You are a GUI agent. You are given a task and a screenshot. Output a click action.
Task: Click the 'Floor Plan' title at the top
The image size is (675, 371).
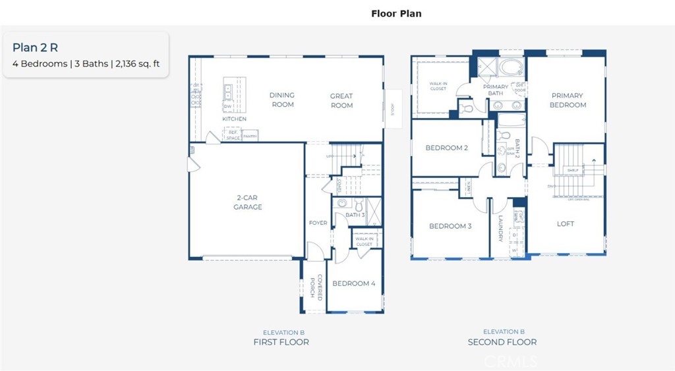click(x=396, y=13)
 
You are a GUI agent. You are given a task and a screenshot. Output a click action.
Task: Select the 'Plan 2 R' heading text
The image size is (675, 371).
click(x=31, y=47)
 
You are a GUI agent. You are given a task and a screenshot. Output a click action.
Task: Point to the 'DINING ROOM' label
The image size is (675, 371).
click(x=282, y=100)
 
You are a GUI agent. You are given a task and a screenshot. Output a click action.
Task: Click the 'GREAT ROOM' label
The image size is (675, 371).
click(x=341, y=100)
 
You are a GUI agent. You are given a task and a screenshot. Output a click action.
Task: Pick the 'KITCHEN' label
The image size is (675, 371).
click(x=234, y=119)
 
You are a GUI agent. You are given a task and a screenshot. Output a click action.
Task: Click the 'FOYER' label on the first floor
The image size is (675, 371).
click(x=318, y=223)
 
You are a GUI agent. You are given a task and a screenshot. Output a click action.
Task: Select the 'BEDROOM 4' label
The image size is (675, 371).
click(x=353, y=283)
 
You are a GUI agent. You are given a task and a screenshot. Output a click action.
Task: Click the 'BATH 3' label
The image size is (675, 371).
click(x=355, y=215)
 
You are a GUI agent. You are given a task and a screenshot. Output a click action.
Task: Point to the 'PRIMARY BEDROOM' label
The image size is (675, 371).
click(x=568, y=100)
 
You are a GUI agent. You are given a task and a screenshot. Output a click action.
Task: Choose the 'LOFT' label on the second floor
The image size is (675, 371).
click(x=565, y=223)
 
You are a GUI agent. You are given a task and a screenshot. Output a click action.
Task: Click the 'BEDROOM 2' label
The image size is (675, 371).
click(x=446, y=148)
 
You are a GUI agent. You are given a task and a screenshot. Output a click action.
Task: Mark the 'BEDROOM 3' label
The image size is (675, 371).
click(x=450, y=226)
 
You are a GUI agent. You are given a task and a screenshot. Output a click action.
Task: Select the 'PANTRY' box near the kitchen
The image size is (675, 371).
click(x=250, y=135)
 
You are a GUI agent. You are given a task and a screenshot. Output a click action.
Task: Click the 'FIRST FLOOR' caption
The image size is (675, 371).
click(x=281, y=342)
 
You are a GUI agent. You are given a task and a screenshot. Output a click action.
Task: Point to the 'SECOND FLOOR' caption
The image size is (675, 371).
click(x=502, y=342)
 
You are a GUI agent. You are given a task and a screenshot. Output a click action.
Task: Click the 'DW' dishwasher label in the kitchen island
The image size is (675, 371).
click(x=227, y=106)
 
